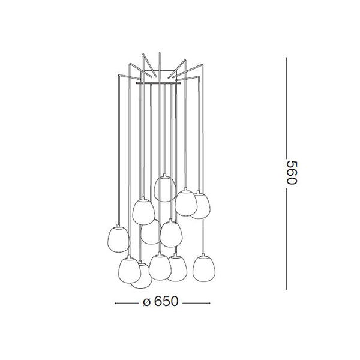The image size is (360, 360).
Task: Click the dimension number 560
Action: (x=292, y=173)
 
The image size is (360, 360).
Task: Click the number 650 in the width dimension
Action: (x=166, y=301)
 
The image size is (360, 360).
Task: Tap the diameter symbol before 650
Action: (x=146, y=302)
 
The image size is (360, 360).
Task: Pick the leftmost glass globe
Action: (x=119, y=239)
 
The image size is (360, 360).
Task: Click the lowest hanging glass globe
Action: (x=142, y=275)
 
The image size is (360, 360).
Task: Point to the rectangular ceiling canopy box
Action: (x=158, y=75)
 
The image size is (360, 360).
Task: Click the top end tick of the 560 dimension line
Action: (x=286, y=58)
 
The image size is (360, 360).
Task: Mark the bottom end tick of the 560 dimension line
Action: (x=286, y=289)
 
